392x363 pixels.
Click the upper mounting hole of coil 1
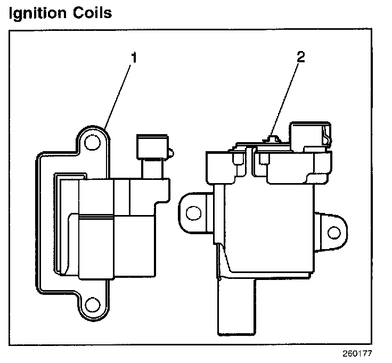pos(93,142)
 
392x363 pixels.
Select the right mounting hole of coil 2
pos(334,233)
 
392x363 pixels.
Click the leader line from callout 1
pos(120,96)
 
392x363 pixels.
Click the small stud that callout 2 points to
pos(272,139)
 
